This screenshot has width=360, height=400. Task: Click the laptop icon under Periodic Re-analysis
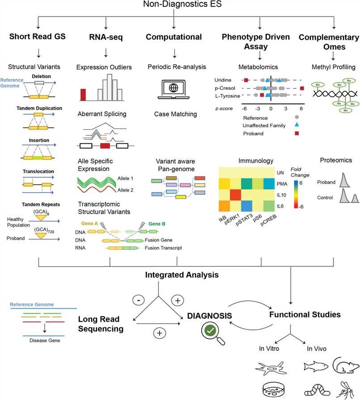173,88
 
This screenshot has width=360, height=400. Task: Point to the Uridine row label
223,80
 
